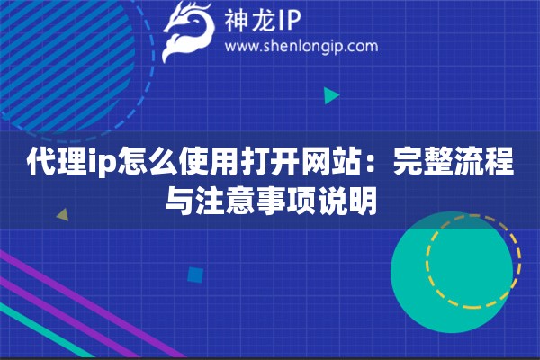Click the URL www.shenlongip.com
point(301,46)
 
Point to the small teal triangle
point(331,94)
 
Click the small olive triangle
point(62,215)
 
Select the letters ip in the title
point(88,165)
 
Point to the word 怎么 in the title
point(127,165)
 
